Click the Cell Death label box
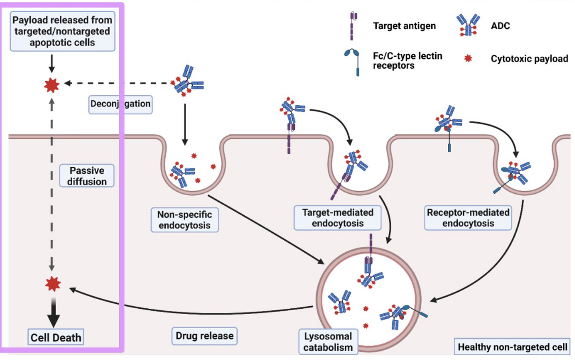pyautogui.click(x=56, y=337)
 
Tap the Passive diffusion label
pyautogui.click(x=87, y=175)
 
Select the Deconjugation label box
pyautogui.click(x=120, y=104)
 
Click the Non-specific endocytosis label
pyautogui.click(x=185, y=220)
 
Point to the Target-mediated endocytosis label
pyautogui.click(x=338, y=218)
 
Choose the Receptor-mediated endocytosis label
pyautogui.click(x=468, y=218)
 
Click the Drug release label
pyautogui.click(x=205, y=336)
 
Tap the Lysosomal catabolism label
pyautogui.click(x=328, y=342)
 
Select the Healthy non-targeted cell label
pyautogui.click(x=512, y=347)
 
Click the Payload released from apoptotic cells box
pyautogui.click(x=62, y=31)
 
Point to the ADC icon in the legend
pyautogui.click(x=468, y=25)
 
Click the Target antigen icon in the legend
pyautogui.click(x=353, y=26)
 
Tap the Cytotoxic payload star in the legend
pyautogui.click(x=468, y=58)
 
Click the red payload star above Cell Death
pyautogui.click(x=53, y=284)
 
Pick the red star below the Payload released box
pyautogui.click(x=52, y=85)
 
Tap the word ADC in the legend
pyautogui.click(x=500, y=26)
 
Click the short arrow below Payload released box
pyautogui.click(x=52, y=63)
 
